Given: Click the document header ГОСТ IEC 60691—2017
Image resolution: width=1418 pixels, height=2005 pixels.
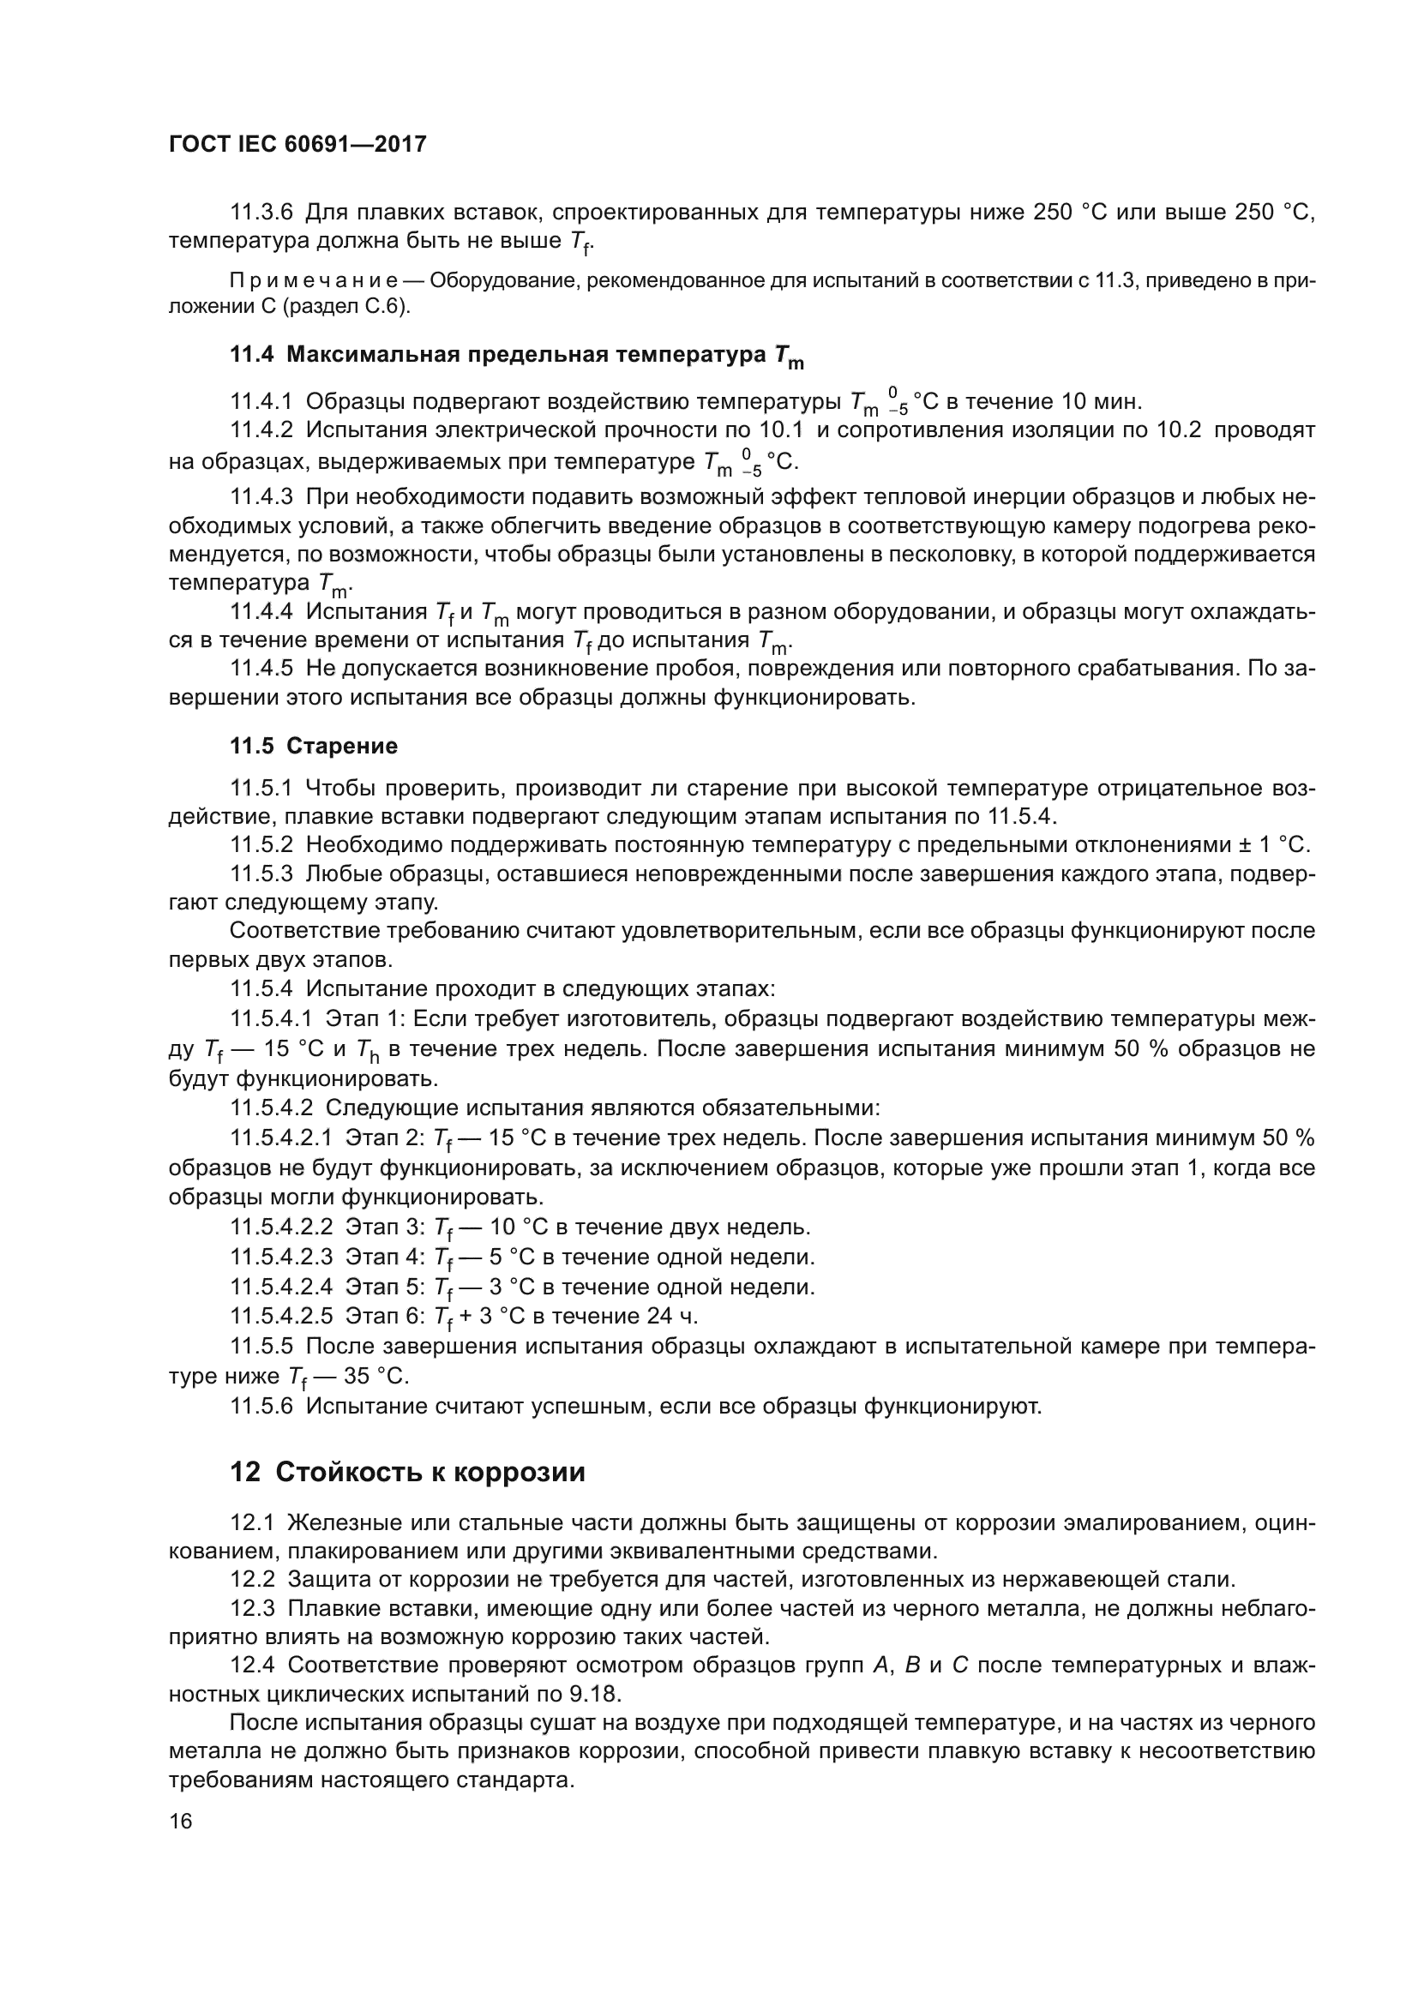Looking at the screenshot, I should [297, 144].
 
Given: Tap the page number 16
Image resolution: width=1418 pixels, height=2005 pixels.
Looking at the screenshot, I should [181, 1822].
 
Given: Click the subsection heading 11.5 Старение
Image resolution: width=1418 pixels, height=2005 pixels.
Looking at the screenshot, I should [314, 746].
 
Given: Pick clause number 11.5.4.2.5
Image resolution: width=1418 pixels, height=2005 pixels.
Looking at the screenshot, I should [282, 1316].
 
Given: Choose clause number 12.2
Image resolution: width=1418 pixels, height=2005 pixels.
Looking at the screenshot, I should [252, 1579].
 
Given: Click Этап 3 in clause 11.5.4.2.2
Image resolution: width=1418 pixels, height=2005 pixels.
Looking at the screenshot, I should [385, 1227].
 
